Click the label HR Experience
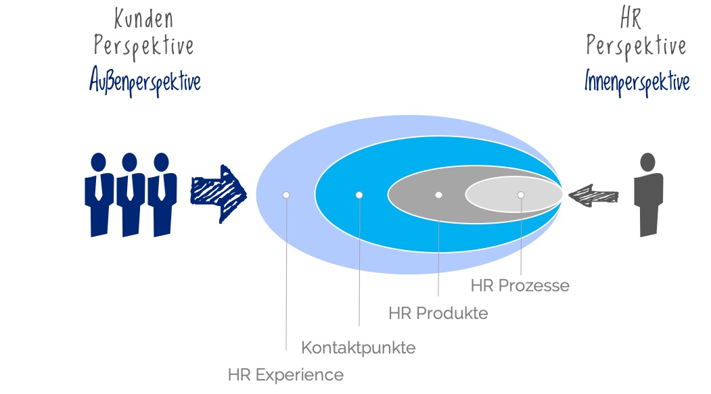click(285, 375)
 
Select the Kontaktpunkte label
click(359, 348)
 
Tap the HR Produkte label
click(438, 313)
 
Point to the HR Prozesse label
click(520, 285)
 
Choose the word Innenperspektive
click(637, 82)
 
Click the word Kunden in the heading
click(143, 18)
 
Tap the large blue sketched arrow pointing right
click(219, 194)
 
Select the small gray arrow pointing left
click(593, 196)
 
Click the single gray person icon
click(649, 195)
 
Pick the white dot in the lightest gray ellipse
click(520, 195)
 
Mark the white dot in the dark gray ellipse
click(438, 195)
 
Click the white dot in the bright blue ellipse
click(359, 195)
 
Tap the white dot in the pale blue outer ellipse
click(286, 195)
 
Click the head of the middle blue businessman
click(130, 162)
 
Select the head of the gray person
click(648, 162)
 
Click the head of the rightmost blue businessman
click(162, 162)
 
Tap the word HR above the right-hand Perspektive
click(630, 18)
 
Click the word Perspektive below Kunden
click(143, 46)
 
